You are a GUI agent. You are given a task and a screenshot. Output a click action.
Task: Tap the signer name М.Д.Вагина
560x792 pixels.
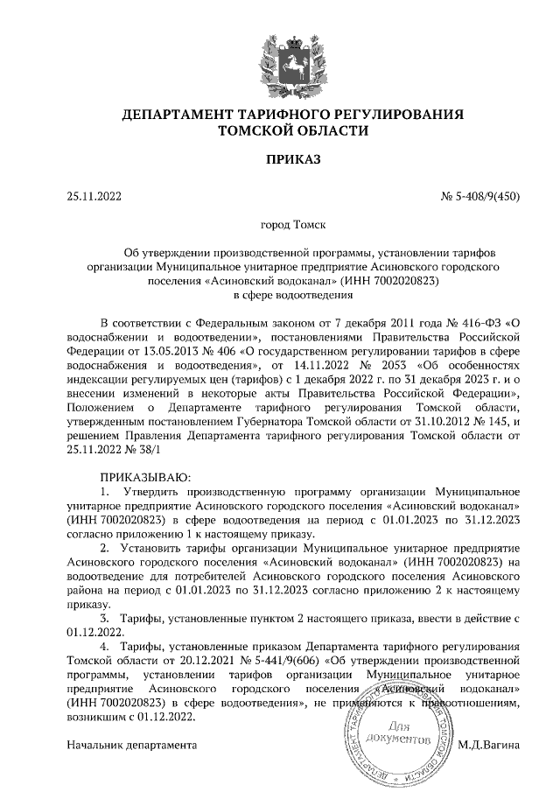pos(489,745)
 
